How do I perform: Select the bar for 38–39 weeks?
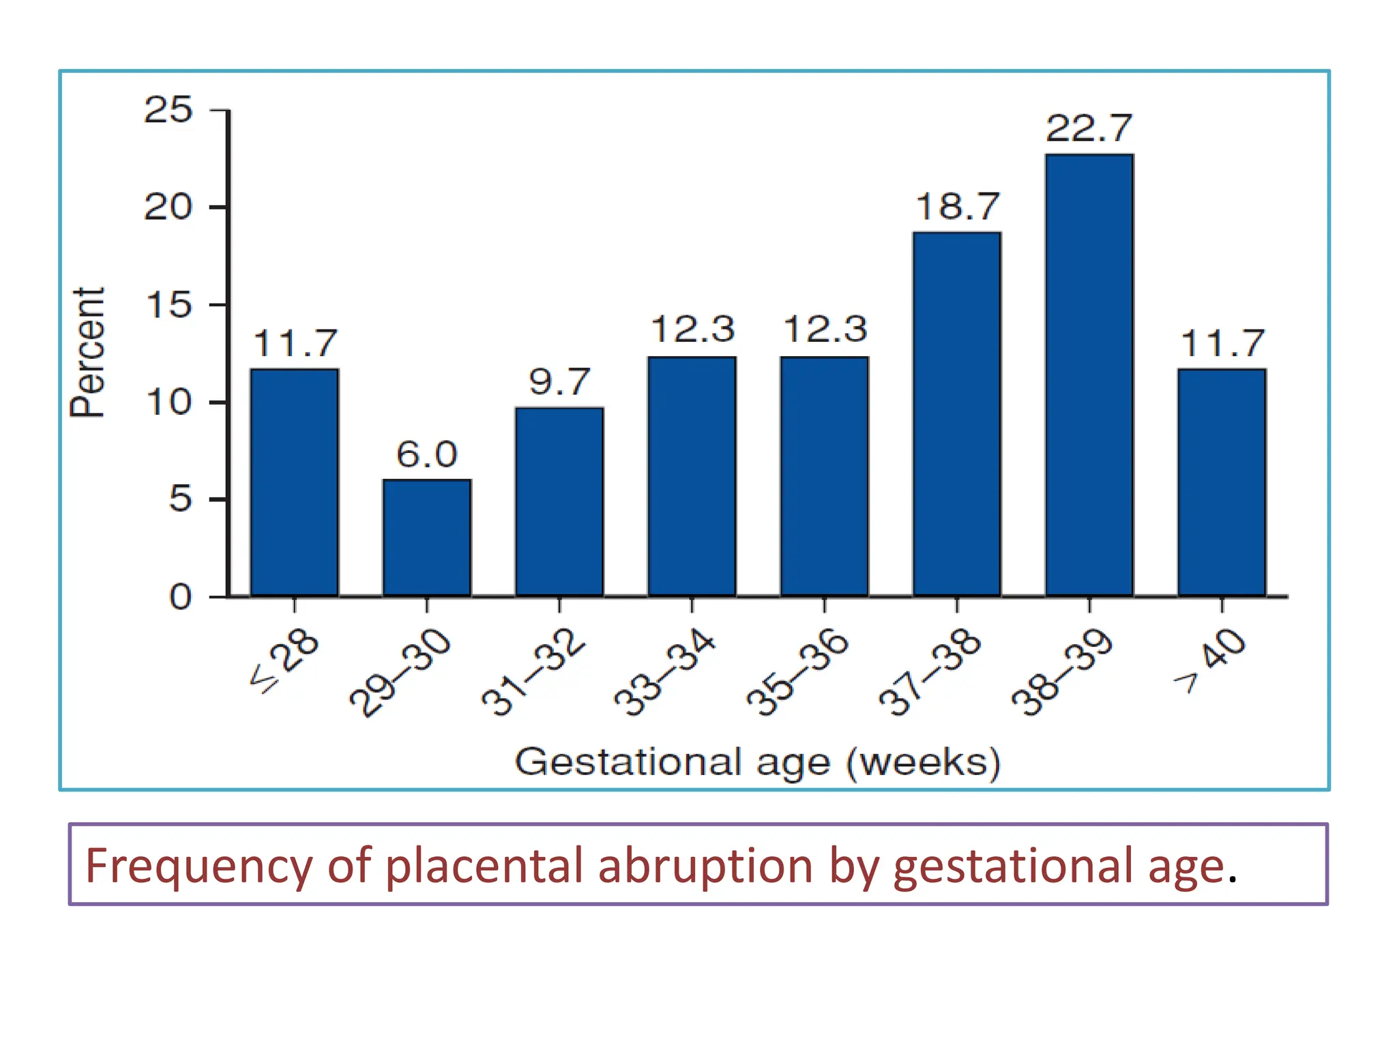[1089, 375]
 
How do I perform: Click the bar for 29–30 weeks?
[427, 538]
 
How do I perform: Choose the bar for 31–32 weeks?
[559, 502]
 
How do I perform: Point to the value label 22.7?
[1089, 128]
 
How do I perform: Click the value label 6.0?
[427, 454]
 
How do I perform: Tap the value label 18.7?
[957, 207]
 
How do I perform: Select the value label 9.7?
[559, 382]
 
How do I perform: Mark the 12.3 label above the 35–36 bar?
[825, 330]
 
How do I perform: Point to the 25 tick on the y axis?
[168, 110]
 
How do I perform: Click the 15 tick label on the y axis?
[168, 305]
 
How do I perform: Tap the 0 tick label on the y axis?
[180, 598]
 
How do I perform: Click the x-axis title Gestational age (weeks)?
[757, 762]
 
